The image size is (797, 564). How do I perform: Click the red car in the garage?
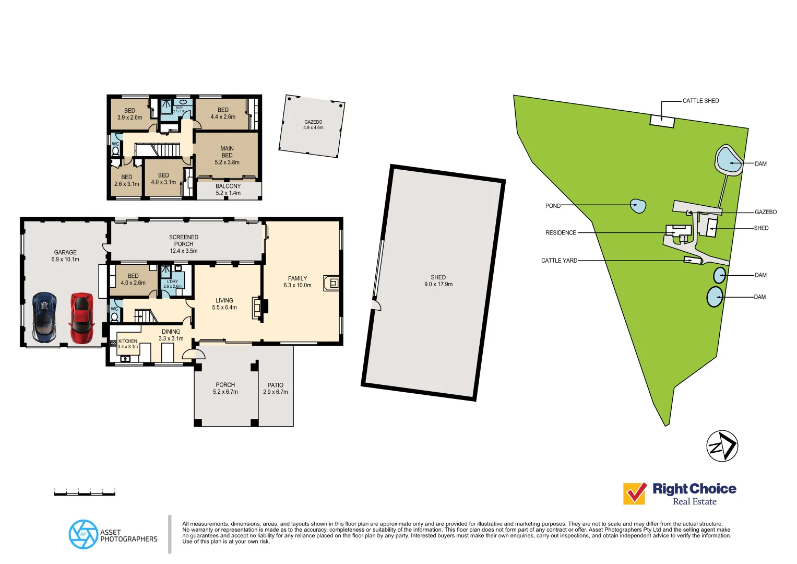point(82,318)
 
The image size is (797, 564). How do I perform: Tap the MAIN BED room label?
point(227,155)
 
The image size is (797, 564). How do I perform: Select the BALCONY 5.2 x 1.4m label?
point(228,190)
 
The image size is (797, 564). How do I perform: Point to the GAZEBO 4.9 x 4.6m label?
point(313,124)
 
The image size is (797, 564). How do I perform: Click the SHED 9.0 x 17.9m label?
point(438,281)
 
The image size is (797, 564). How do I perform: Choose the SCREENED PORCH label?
point(184,244)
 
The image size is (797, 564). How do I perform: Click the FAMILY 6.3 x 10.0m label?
point(298,282)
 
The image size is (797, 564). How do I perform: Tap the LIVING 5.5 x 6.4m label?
point(224,304)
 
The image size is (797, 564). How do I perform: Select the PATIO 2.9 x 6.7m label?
point(276,389)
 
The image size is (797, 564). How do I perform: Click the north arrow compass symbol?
point(722,446)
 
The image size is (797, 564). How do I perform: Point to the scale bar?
point(85,492)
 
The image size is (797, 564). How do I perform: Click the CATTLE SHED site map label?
point(700,101)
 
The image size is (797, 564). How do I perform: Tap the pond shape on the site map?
point(638,206)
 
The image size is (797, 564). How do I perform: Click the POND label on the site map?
point(553,206)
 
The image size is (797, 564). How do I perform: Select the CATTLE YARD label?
point(559,261)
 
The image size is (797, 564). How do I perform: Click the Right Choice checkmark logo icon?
point(635,494)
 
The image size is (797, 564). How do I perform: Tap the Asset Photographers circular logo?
point(83,534)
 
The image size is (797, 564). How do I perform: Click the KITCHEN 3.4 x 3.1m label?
point(128,344)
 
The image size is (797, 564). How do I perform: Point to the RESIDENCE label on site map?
point(561,233)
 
